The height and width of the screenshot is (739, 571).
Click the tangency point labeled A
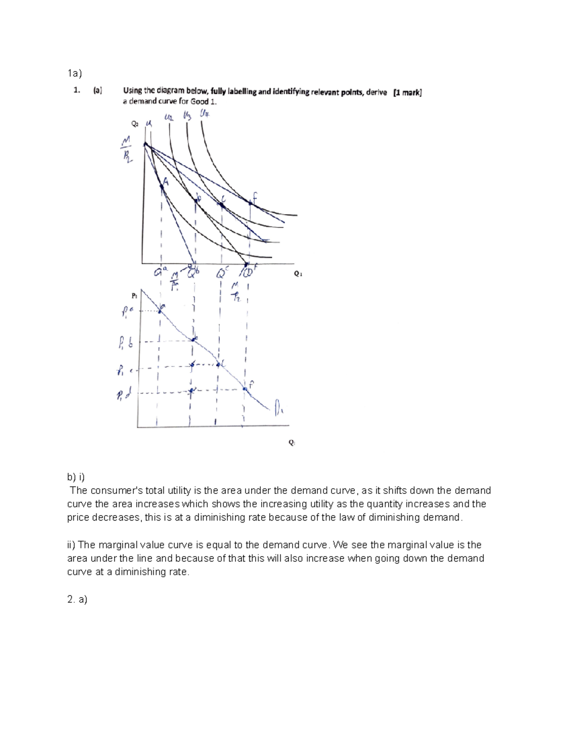coord(162,187)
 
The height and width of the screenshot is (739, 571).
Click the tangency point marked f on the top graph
coord(250,203)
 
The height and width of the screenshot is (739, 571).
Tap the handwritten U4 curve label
coord(205,115)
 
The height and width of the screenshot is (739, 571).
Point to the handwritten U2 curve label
coord(168,117)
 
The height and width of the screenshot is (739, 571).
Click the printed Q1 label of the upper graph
coord(298,274)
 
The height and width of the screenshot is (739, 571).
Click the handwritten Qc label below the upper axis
coord(222,273)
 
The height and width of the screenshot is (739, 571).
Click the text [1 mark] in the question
coord(407,93)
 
